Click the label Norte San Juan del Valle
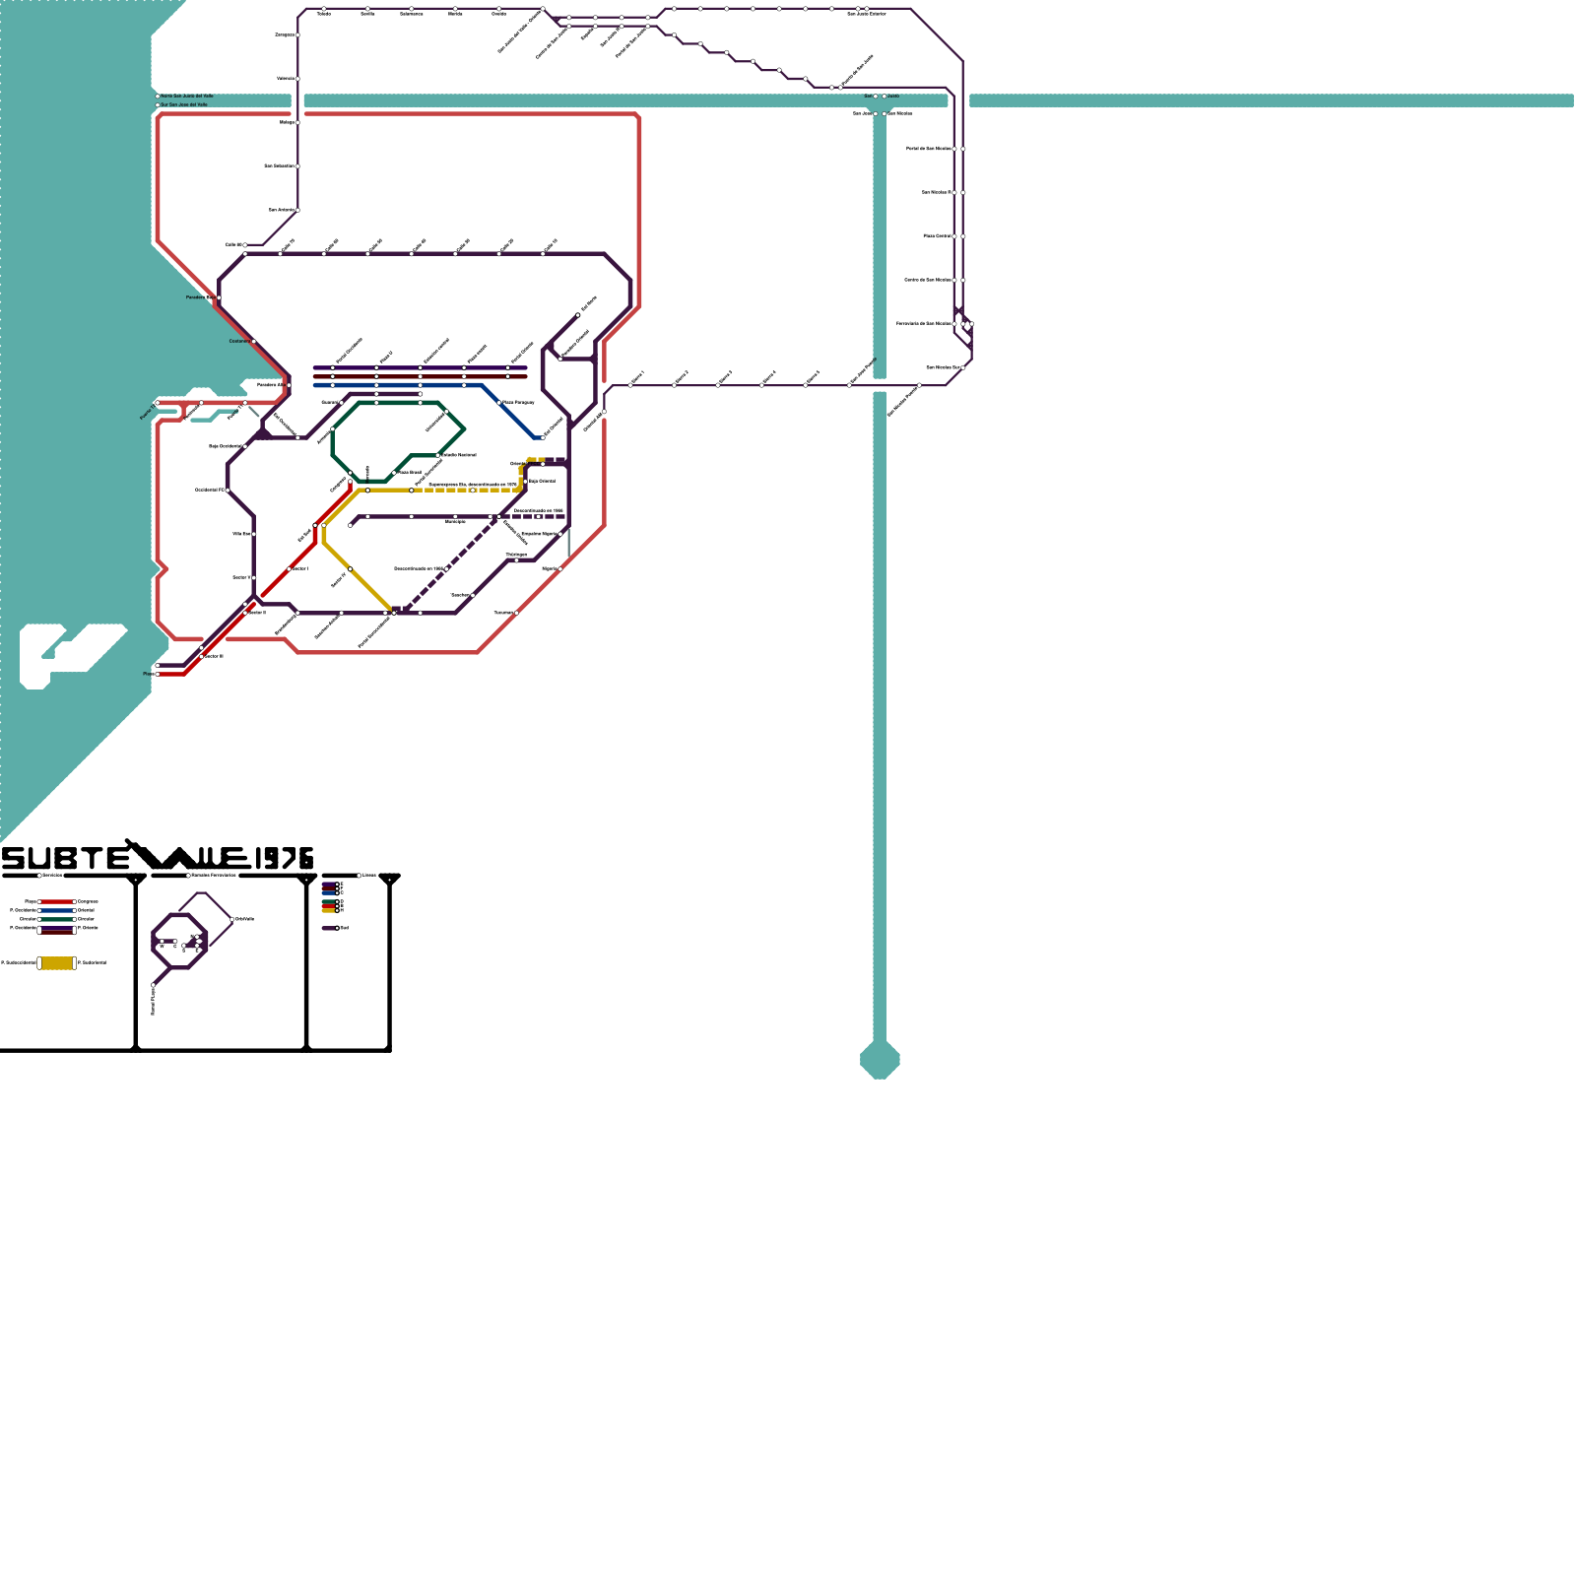pyautogui.click(x=187, y=96)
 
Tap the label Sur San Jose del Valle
pyautogui.click(x=184, y=104)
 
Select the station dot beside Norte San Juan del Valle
pyautogui.click(x=158, y=96)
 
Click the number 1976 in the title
pyautogui.click(x=283, y=859)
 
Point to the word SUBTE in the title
pyautogui.click(x=64, y=859)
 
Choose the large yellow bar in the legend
pyautogui.click(x=57, y=962)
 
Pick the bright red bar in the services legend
pyautogui.click(x=57, y=901)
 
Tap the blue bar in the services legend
pyautogui.click(x=57, y=910)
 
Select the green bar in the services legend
pyautogui.click(x=57, y=919)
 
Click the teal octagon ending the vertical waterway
pyautogui.click(x=880, y=1060)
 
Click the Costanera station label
pyautogui.click(x=239, y=342)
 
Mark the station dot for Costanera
pyautogui.click(x=254, y=342)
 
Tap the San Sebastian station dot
pyautogui.click(x=297, y=165)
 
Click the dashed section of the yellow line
pyautogui.click(x=463, y=490)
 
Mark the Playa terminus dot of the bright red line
pyautogui.click(x=158, y=675)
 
